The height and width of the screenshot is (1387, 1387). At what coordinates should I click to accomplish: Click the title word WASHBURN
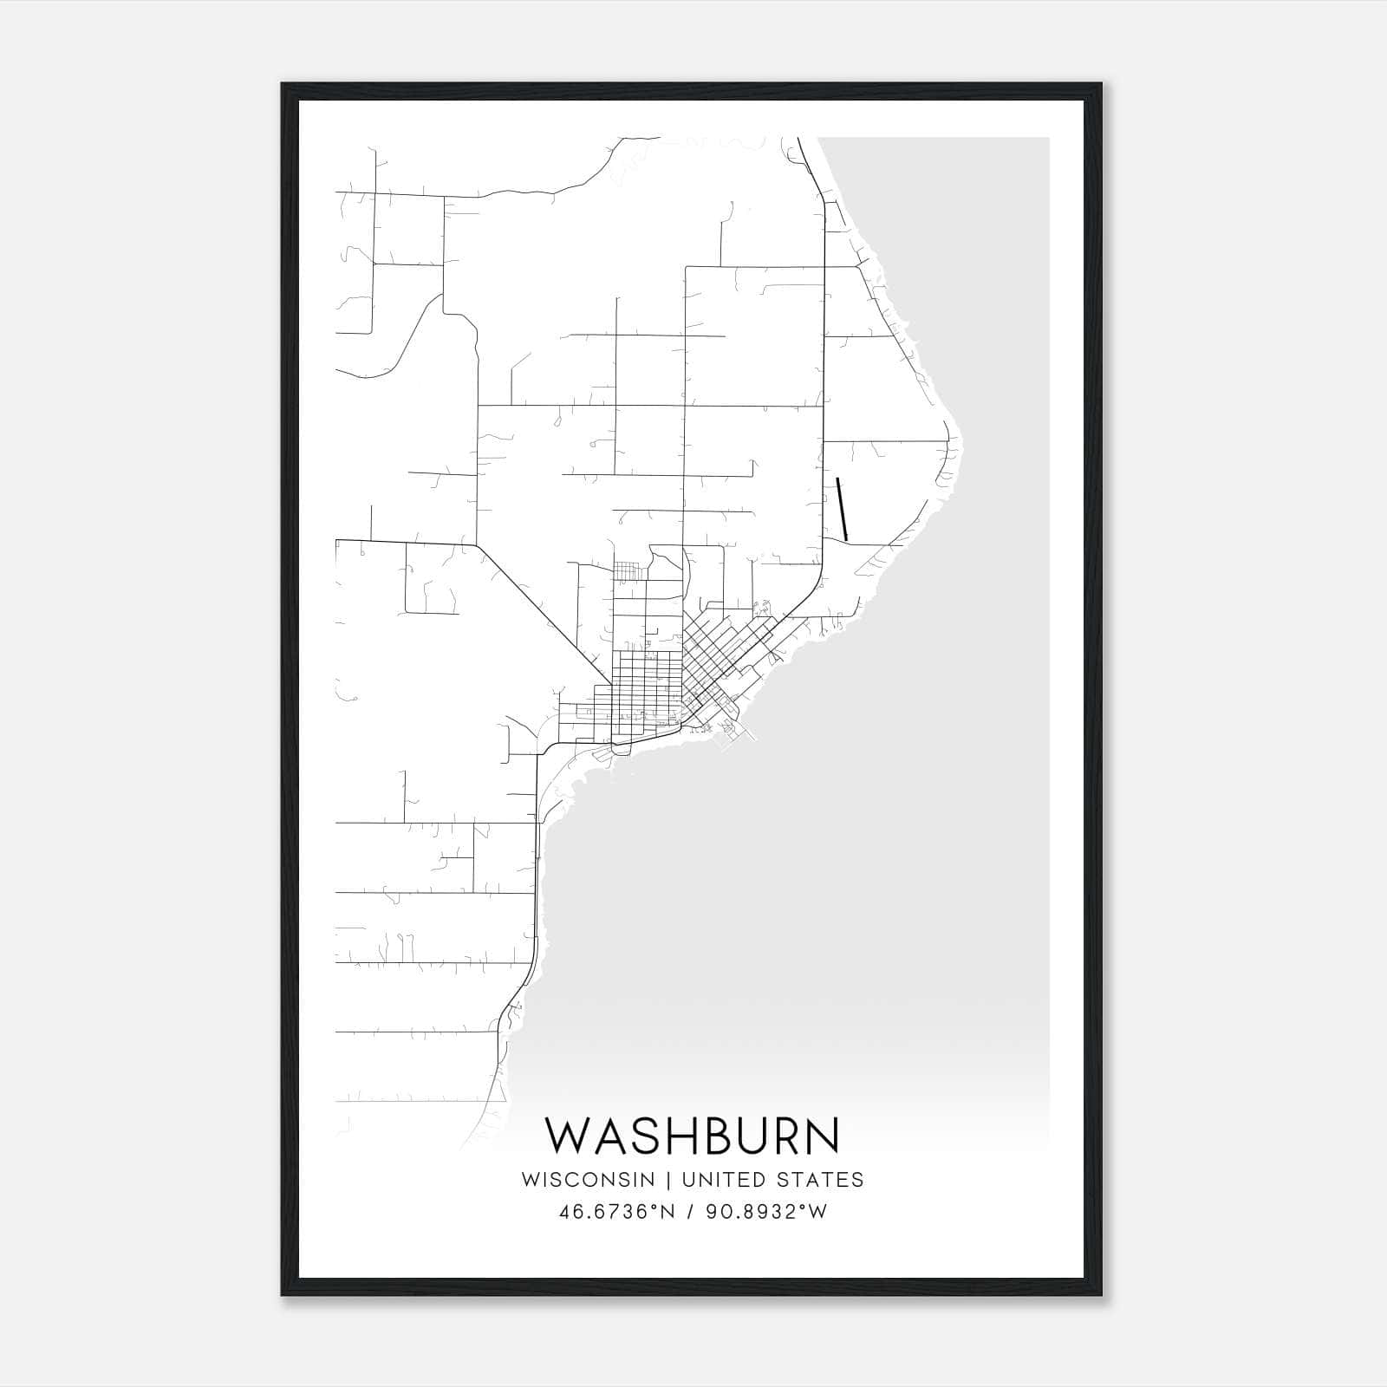(x=692, y=1135)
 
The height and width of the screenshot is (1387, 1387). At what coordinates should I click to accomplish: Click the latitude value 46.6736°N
(x=617, y=1212)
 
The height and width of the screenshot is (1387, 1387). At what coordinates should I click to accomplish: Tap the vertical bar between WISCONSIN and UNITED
(x=668, y=1180)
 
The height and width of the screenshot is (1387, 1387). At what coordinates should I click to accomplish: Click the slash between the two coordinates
(x=688, y=1212)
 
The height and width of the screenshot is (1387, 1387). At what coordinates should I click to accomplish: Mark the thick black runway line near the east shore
(x=842, y=509)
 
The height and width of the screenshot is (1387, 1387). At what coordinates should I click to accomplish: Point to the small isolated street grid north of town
(x=629, y=571)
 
